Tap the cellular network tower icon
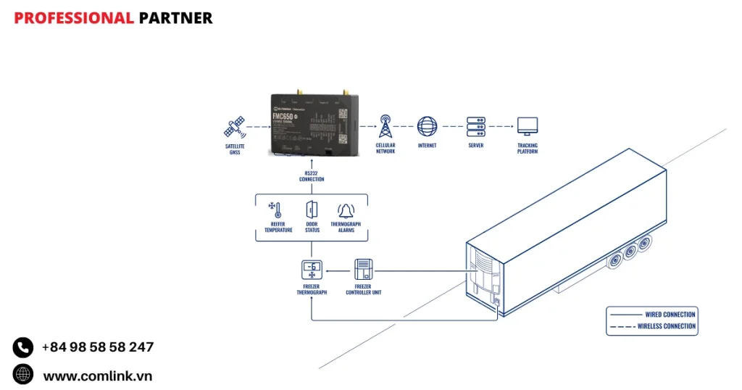coord(385,126)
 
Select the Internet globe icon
coord(427,126)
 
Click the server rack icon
coord(475,126)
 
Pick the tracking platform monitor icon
coord(527,126)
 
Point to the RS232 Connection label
coord(312,176)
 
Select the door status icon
coord(312,210)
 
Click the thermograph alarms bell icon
coord(346,211)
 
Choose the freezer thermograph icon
coord(312,270)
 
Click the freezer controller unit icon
coord(363,270)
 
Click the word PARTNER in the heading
coord(175,18)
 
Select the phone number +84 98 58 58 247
coord(97,347)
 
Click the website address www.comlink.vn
coord(97,376)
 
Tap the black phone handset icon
coord(23,347)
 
